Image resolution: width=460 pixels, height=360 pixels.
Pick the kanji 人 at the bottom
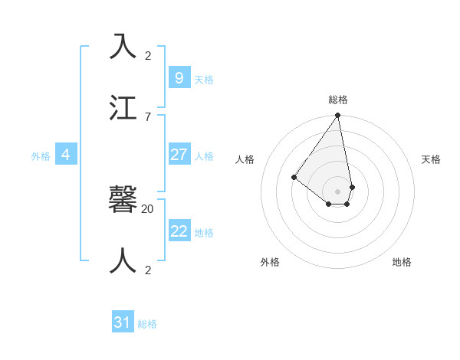pos(123,260)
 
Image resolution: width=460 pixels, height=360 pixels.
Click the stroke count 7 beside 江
pos(147,116)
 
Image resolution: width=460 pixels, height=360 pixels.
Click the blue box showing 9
pos(179,77)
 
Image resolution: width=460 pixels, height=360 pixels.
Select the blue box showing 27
pos(179,155)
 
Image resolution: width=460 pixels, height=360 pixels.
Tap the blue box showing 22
pos(179,231)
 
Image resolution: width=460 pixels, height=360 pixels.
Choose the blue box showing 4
pos(66,155)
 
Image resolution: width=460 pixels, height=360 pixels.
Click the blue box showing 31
pos(123,322)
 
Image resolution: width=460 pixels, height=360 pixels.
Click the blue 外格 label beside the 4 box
pos(41,156)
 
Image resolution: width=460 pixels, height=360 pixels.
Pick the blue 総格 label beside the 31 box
pos(147,324)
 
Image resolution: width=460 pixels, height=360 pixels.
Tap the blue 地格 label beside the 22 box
pos(204,233)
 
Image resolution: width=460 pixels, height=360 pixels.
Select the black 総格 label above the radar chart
pos(338,100)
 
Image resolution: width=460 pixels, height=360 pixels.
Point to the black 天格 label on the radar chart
pos(431,159)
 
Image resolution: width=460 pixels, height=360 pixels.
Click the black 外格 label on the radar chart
pos(270,262)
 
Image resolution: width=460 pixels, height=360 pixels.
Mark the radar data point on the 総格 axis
pos(337,116)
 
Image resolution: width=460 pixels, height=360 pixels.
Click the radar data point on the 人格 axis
pos(294,178)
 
